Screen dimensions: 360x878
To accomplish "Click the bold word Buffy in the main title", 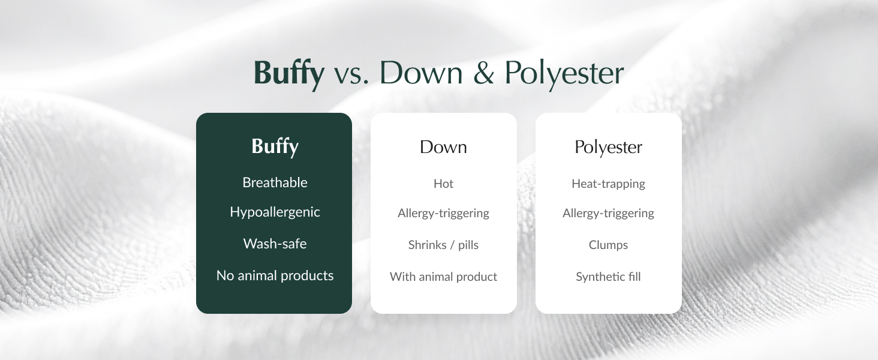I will [289, 73].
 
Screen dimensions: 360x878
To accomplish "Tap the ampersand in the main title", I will [483, 73].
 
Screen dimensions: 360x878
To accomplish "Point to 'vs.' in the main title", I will [351, 73].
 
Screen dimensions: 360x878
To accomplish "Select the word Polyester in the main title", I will [564, 73].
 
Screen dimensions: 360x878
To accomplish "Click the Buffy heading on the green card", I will [275, 147].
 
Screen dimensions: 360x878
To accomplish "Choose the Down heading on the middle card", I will [443, 147].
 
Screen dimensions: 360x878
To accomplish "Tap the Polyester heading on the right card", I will [608, 147].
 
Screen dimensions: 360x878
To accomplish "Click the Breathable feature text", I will [275, 182].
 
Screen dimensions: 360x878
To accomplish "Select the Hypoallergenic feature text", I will [275, 212].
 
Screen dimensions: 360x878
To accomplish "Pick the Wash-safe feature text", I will [275, 244].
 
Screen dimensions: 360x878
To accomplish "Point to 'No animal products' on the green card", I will [275, 275].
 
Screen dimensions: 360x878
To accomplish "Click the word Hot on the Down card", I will [443, 184].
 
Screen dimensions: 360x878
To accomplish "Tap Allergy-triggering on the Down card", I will [443, 213].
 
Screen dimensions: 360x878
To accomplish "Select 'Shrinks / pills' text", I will [443, 245].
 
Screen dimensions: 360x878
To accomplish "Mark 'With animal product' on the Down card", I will [443, 277].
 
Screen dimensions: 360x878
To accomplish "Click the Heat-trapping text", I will [608, 184].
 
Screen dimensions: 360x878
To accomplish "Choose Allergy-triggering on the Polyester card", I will [608, 213].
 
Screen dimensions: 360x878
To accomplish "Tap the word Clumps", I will [608, 245].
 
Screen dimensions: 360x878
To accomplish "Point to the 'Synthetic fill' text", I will [608, 277].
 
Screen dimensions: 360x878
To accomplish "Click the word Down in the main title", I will [421, 73].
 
